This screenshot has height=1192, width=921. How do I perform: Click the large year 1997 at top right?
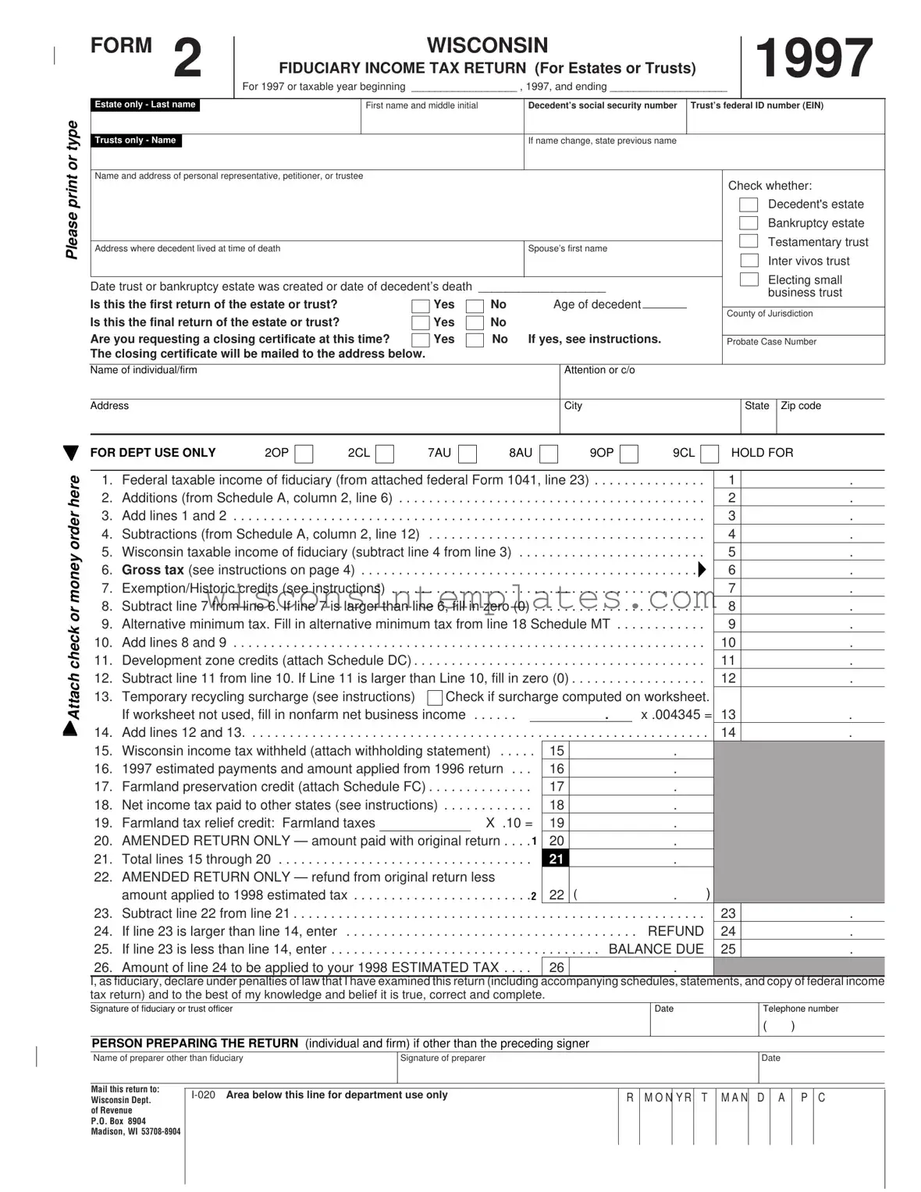coord(813,59)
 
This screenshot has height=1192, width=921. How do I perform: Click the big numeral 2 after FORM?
coord(187,59)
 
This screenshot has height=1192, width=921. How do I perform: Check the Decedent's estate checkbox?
coord(749,205)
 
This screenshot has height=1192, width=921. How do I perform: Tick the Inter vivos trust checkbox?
coord(749,261)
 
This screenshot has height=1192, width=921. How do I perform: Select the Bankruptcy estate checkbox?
coord(749,223)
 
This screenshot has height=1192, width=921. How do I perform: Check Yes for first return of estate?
coord(420,305)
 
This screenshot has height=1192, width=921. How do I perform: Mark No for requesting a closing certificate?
coord(475,340)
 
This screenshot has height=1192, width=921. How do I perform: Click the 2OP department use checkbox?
coord(304,454)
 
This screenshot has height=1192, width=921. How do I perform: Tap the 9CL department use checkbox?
coord(709,454)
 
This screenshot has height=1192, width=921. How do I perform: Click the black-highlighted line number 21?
coord(556,859)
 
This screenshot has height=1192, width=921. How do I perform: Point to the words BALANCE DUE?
coord(656,949)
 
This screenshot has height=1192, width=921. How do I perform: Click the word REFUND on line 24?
coord(675,931)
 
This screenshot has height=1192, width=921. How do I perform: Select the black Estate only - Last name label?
coord(145,105)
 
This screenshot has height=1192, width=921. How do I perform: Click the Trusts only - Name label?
coord(136,141)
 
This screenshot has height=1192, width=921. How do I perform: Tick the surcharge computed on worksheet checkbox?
coord(435,697)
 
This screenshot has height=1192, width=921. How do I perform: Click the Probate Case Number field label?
coord(771,342)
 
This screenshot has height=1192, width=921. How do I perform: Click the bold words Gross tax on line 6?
coord(152,571)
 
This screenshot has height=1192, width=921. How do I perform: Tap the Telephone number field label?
coord(800,1009)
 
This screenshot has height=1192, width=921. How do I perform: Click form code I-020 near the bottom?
coord(203,1095)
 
